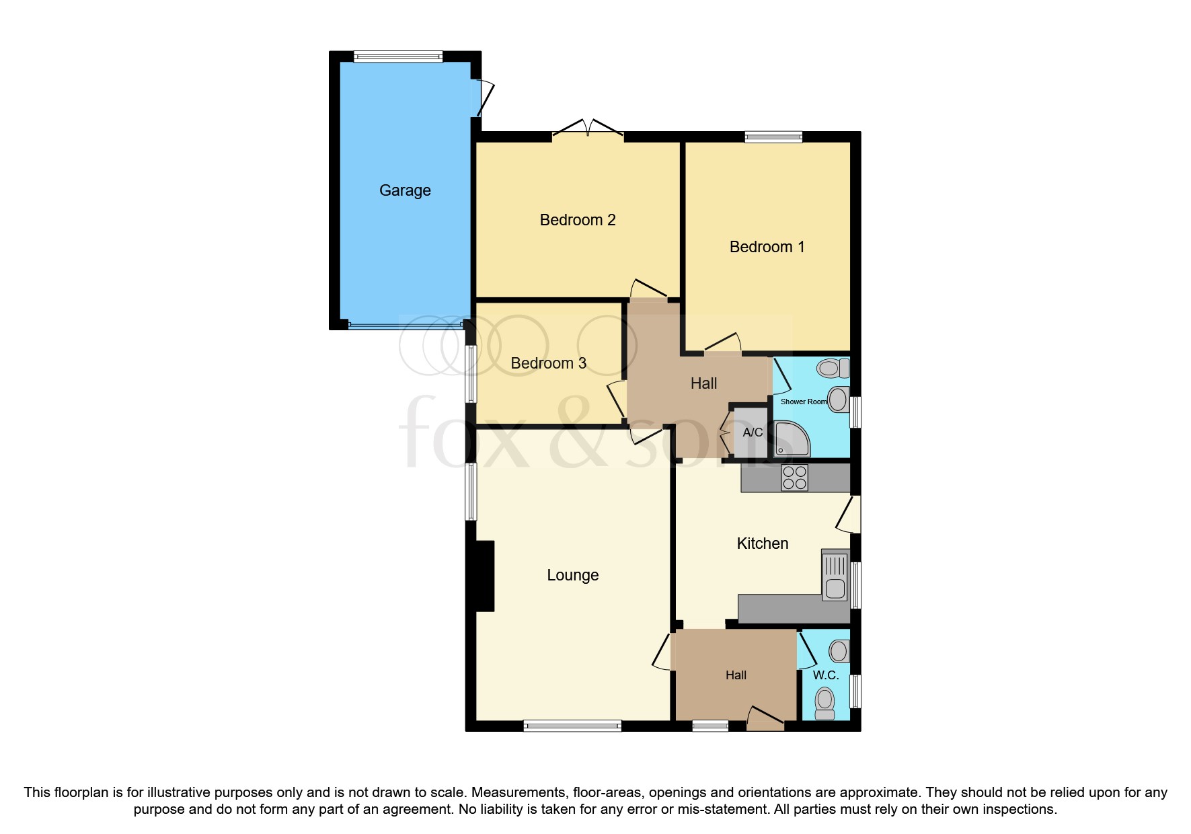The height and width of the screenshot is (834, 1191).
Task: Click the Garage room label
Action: pyautogui.click(x=405, y=190)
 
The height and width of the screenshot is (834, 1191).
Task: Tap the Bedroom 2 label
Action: pyautogui.click(x=578, y=220)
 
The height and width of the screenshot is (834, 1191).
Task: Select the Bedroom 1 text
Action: pyautogui.click(x=767, y=247)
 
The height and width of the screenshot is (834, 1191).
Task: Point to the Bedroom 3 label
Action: pyautogui.click(x=548, y=363)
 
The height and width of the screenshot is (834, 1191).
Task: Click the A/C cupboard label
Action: pyautogui.click(x=753, y=432)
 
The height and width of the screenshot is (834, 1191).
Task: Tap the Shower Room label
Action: pyautogui.click(x=803, y=402)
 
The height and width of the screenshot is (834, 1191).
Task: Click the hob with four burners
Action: pyautogui.click(x=794, y=478)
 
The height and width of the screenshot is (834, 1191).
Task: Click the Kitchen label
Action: pyautogui.click(x=762, y=543)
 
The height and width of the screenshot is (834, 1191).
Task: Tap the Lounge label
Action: pyautogui.click(x=572, y=575)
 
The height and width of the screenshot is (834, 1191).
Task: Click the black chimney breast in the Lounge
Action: pyautogui.click(x=484, y=576)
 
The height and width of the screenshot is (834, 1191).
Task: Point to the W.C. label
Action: pyautogui.click(x=825, y=675)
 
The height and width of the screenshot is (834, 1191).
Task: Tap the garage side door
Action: pyautogui.click(x=483, y=98)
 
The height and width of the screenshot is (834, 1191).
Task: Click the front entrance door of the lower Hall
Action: pyautogui.click(x=765, y=719)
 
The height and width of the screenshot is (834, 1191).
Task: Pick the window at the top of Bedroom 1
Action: pyautogui.click(x=773, y=137)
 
